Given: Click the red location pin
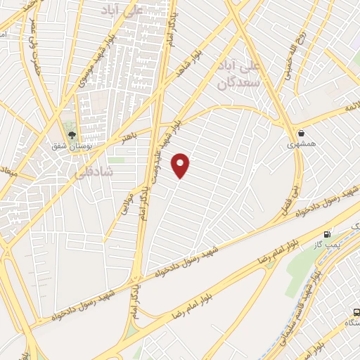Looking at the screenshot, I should [181, 165].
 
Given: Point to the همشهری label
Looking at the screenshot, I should [302, 144].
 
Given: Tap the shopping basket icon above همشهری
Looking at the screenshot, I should [302, 132].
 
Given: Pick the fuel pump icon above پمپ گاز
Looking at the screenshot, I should [327, 234].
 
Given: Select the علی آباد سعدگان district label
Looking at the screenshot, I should [240, 77].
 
